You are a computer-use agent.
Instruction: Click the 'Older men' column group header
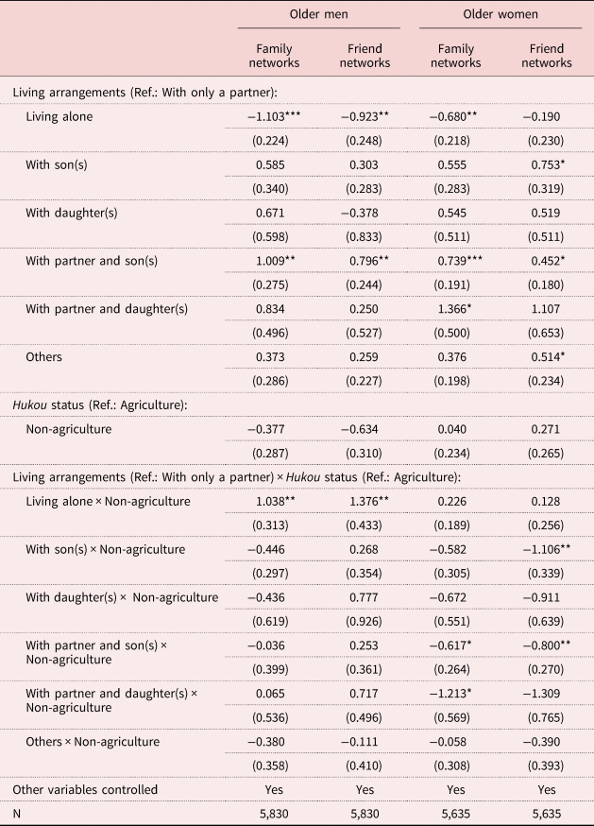pos(318,14)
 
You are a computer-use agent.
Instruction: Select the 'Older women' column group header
pos(501,14)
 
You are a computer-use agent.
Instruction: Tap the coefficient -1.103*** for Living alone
pos(274,116)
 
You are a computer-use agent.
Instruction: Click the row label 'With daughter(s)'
pos(72,213)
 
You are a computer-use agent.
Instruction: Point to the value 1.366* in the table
pos(454,309)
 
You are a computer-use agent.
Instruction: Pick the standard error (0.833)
pos(364,237)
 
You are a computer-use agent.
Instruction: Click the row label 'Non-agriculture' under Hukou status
pos(68,429)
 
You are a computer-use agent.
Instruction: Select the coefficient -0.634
pos(360,429)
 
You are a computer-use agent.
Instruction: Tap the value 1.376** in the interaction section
pos(369,501)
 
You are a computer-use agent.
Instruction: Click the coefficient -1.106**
pos(547,549)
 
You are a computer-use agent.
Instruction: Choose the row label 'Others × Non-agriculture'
pos(93,742)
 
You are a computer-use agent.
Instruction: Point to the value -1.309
pos(542,694)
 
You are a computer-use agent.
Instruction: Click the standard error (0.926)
pos(364,622)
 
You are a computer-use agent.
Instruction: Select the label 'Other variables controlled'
pos(85,790)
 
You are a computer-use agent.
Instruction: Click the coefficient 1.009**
pos(276,261)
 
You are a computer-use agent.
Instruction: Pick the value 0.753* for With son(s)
pos(548,164)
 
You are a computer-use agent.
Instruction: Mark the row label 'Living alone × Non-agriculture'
pos(108,501)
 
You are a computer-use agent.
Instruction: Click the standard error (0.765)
pos(546,718)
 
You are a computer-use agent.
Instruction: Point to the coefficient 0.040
pos(451,429)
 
